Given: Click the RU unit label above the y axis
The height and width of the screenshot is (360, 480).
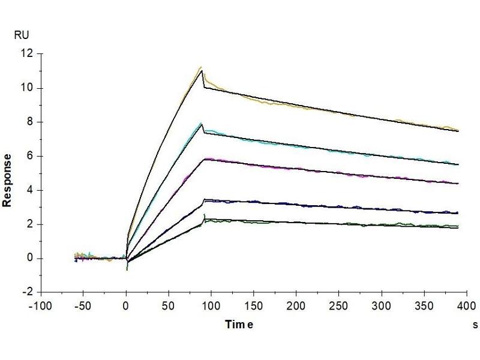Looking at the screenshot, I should click(20, 36).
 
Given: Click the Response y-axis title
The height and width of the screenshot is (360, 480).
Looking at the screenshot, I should click(8, 180).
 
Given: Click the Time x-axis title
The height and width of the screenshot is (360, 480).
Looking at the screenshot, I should click(239, 325).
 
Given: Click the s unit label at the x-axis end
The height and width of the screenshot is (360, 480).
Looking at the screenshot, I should click(475, 325).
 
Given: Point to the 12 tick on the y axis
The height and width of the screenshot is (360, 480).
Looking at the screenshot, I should click(26, 54).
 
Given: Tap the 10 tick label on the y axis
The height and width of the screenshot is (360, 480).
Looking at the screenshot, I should click(26, 88).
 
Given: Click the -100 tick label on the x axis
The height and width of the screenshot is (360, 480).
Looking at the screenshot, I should click(41, 307).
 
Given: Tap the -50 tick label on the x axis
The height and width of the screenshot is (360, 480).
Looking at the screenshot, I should click(83, 307).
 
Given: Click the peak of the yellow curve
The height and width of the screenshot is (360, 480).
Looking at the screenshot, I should click(201, 67).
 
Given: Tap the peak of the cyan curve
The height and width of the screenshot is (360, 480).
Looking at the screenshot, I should click(201, 124).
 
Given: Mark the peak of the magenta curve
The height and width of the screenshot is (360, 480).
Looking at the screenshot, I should click(206, 158).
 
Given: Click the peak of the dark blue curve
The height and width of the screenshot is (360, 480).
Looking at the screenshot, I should click(206, 200).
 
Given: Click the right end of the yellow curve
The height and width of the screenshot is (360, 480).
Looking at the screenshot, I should click(458, 130).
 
